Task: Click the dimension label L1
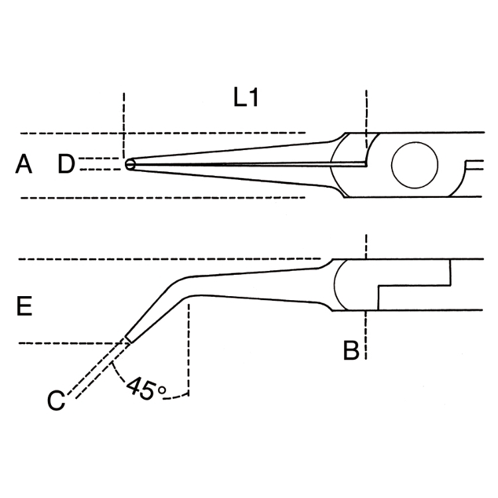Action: (245, 99)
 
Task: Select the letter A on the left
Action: (24, 164)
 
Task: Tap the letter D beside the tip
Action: (66, 164)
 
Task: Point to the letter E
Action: (24, 307)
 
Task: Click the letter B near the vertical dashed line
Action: (351, 350)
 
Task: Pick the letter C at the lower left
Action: (56, 400)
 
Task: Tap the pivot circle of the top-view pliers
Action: (414, 165)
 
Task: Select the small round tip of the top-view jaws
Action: (129, 164)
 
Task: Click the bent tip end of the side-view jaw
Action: (127, 339)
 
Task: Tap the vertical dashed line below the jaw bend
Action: (190, 345)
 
